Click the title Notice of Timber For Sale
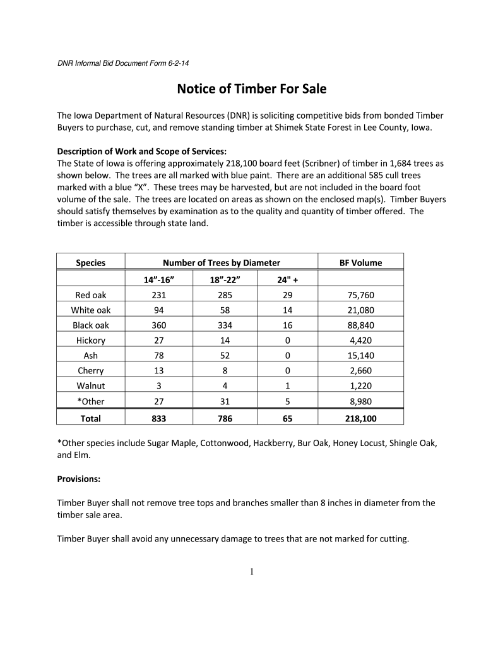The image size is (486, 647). (x=251, y=89)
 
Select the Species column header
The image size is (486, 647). (x=91, y=263)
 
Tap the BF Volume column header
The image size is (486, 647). (x=360, y=263)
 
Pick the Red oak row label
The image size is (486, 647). (x=91, y=295)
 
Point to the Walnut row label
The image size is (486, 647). (x=91, y=386)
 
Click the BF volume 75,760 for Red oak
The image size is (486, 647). (x=360, y=295)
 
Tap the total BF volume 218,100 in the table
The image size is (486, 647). (x=360, y=418)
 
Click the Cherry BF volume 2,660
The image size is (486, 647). (x=360, y=371)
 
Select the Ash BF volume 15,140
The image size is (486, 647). (x=360, y=356)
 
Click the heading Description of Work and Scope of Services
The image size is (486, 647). (x=141, y=151)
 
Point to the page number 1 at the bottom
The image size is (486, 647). (x=251, y=572)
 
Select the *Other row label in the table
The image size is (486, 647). (x=91, y=401)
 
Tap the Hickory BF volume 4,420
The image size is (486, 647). (x=360, y=341)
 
